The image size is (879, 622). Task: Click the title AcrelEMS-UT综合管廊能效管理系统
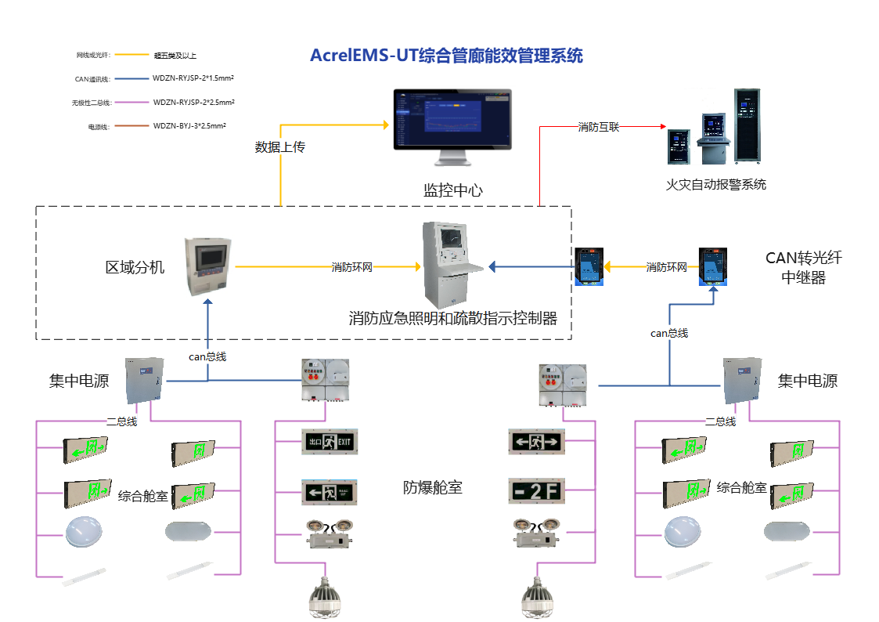tap(446, 56)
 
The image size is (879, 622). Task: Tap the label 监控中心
tap(452, 190)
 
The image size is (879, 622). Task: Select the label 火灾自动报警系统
tap(715, 185)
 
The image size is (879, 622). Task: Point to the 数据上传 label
tap(279, 146)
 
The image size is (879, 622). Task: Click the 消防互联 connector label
tap(599, 126)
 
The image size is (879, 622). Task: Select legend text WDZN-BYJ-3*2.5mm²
tap(193, 126)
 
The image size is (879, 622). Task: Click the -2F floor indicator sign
tap(536, 491)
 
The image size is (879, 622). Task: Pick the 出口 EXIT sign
tap(330, 442)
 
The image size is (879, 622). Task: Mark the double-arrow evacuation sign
tap(536, 441)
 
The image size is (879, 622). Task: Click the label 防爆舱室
tap(433, 487)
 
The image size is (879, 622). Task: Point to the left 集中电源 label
tap(78, 382)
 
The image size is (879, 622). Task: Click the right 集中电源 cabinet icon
tap(742, 380)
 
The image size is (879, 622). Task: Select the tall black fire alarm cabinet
tap(748, 126)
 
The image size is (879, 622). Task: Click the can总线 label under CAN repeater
tap(669, 333)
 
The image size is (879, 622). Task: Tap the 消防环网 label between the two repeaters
tap(667, 267)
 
